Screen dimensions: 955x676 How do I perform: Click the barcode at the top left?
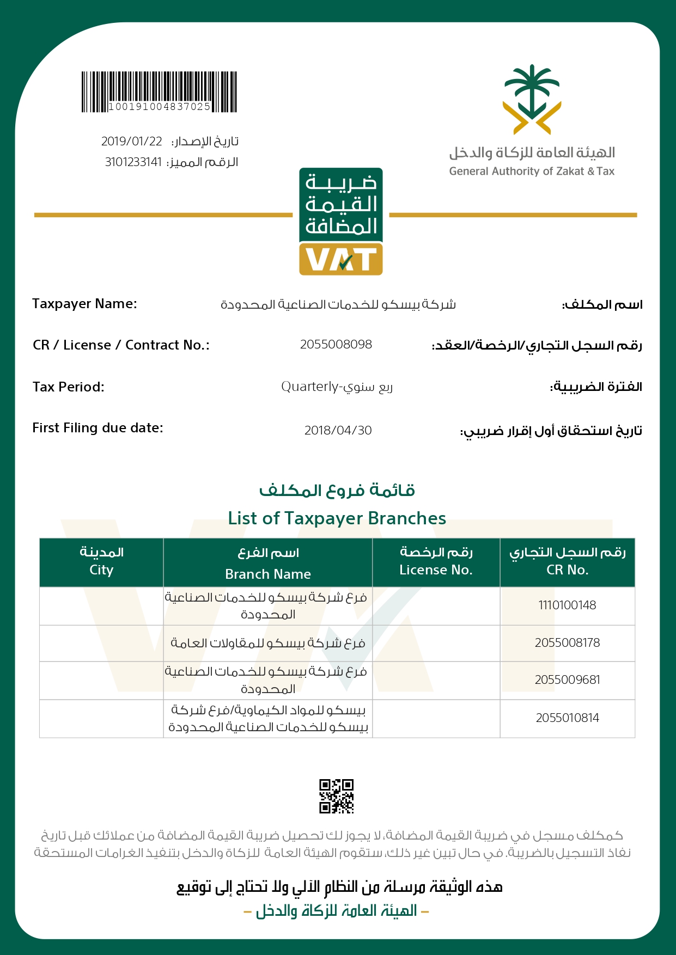159,91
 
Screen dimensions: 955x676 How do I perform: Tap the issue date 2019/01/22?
132,142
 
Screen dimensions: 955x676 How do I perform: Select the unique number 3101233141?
133,162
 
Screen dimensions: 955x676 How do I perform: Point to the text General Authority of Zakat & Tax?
532,172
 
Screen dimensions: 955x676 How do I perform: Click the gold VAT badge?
341,259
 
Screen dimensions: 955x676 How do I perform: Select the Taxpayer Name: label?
84,304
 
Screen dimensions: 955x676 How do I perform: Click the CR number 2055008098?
336,345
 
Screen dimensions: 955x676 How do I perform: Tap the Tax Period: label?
68,387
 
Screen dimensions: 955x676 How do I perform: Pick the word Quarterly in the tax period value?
309,387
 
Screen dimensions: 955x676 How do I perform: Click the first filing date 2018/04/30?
338,431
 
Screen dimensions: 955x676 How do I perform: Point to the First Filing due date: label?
98,428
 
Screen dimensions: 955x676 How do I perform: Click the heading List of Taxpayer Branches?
337,518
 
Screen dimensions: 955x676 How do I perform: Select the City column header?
101,570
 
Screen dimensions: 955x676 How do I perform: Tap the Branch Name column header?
268,574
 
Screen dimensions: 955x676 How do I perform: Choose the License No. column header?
436,570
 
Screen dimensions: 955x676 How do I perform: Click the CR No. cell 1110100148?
567,605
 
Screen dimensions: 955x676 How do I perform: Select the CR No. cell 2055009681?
567,680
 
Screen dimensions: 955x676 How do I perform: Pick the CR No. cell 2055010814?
567,718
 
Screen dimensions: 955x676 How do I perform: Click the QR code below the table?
336,796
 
